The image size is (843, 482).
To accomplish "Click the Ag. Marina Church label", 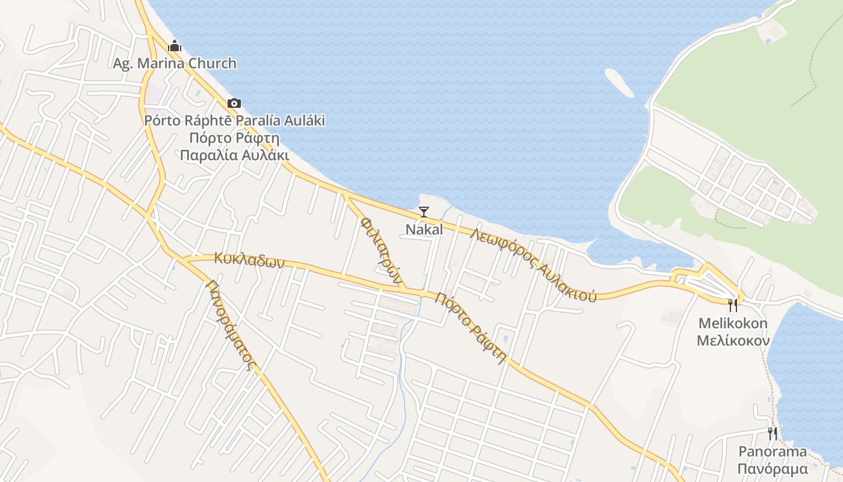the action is click(x=175, y=63).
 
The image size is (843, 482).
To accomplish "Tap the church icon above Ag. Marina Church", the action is click(x=175, y=46).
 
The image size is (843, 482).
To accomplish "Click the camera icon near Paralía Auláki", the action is click(x=234, y=104).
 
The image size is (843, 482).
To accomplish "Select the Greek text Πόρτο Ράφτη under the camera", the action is click(x=234, y=137).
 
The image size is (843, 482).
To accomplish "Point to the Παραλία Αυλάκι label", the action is click(x=234, y=155).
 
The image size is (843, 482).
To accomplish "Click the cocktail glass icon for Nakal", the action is click(x=424, y=211).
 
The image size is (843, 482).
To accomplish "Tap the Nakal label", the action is click(x=424, y=230).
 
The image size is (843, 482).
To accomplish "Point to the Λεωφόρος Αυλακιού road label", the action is click(x=534, y=264).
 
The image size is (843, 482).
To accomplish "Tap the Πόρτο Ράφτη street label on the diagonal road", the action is click(x=470, y=328).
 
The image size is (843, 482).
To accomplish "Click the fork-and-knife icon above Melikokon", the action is click(x=733, y=305).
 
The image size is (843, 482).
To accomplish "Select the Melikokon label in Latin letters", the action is click(x=733, y=324).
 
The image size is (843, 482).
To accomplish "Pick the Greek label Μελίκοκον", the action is click(x=733, y=341).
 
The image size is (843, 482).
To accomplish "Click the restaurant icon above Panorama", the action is click(x=773, y=433).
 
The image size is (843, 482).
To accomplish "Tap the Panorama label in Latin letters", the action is click(x=773, y=452).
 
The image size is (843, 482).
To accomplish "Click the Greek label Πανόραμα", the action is click(x=773, y=469).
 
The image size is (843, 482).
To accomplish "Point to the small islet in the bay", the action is click(x=619, y=83).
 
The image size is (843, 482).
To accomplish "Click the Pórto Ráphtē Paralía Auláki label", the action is click(x=234, y=120).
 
